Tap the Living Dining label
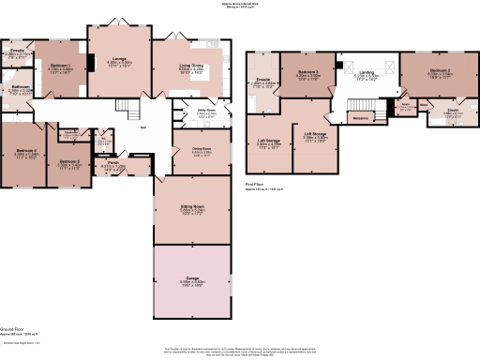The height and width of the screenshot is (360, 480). (190, 66)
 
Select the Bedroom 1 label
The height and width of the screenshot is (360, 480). (60, 66)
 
